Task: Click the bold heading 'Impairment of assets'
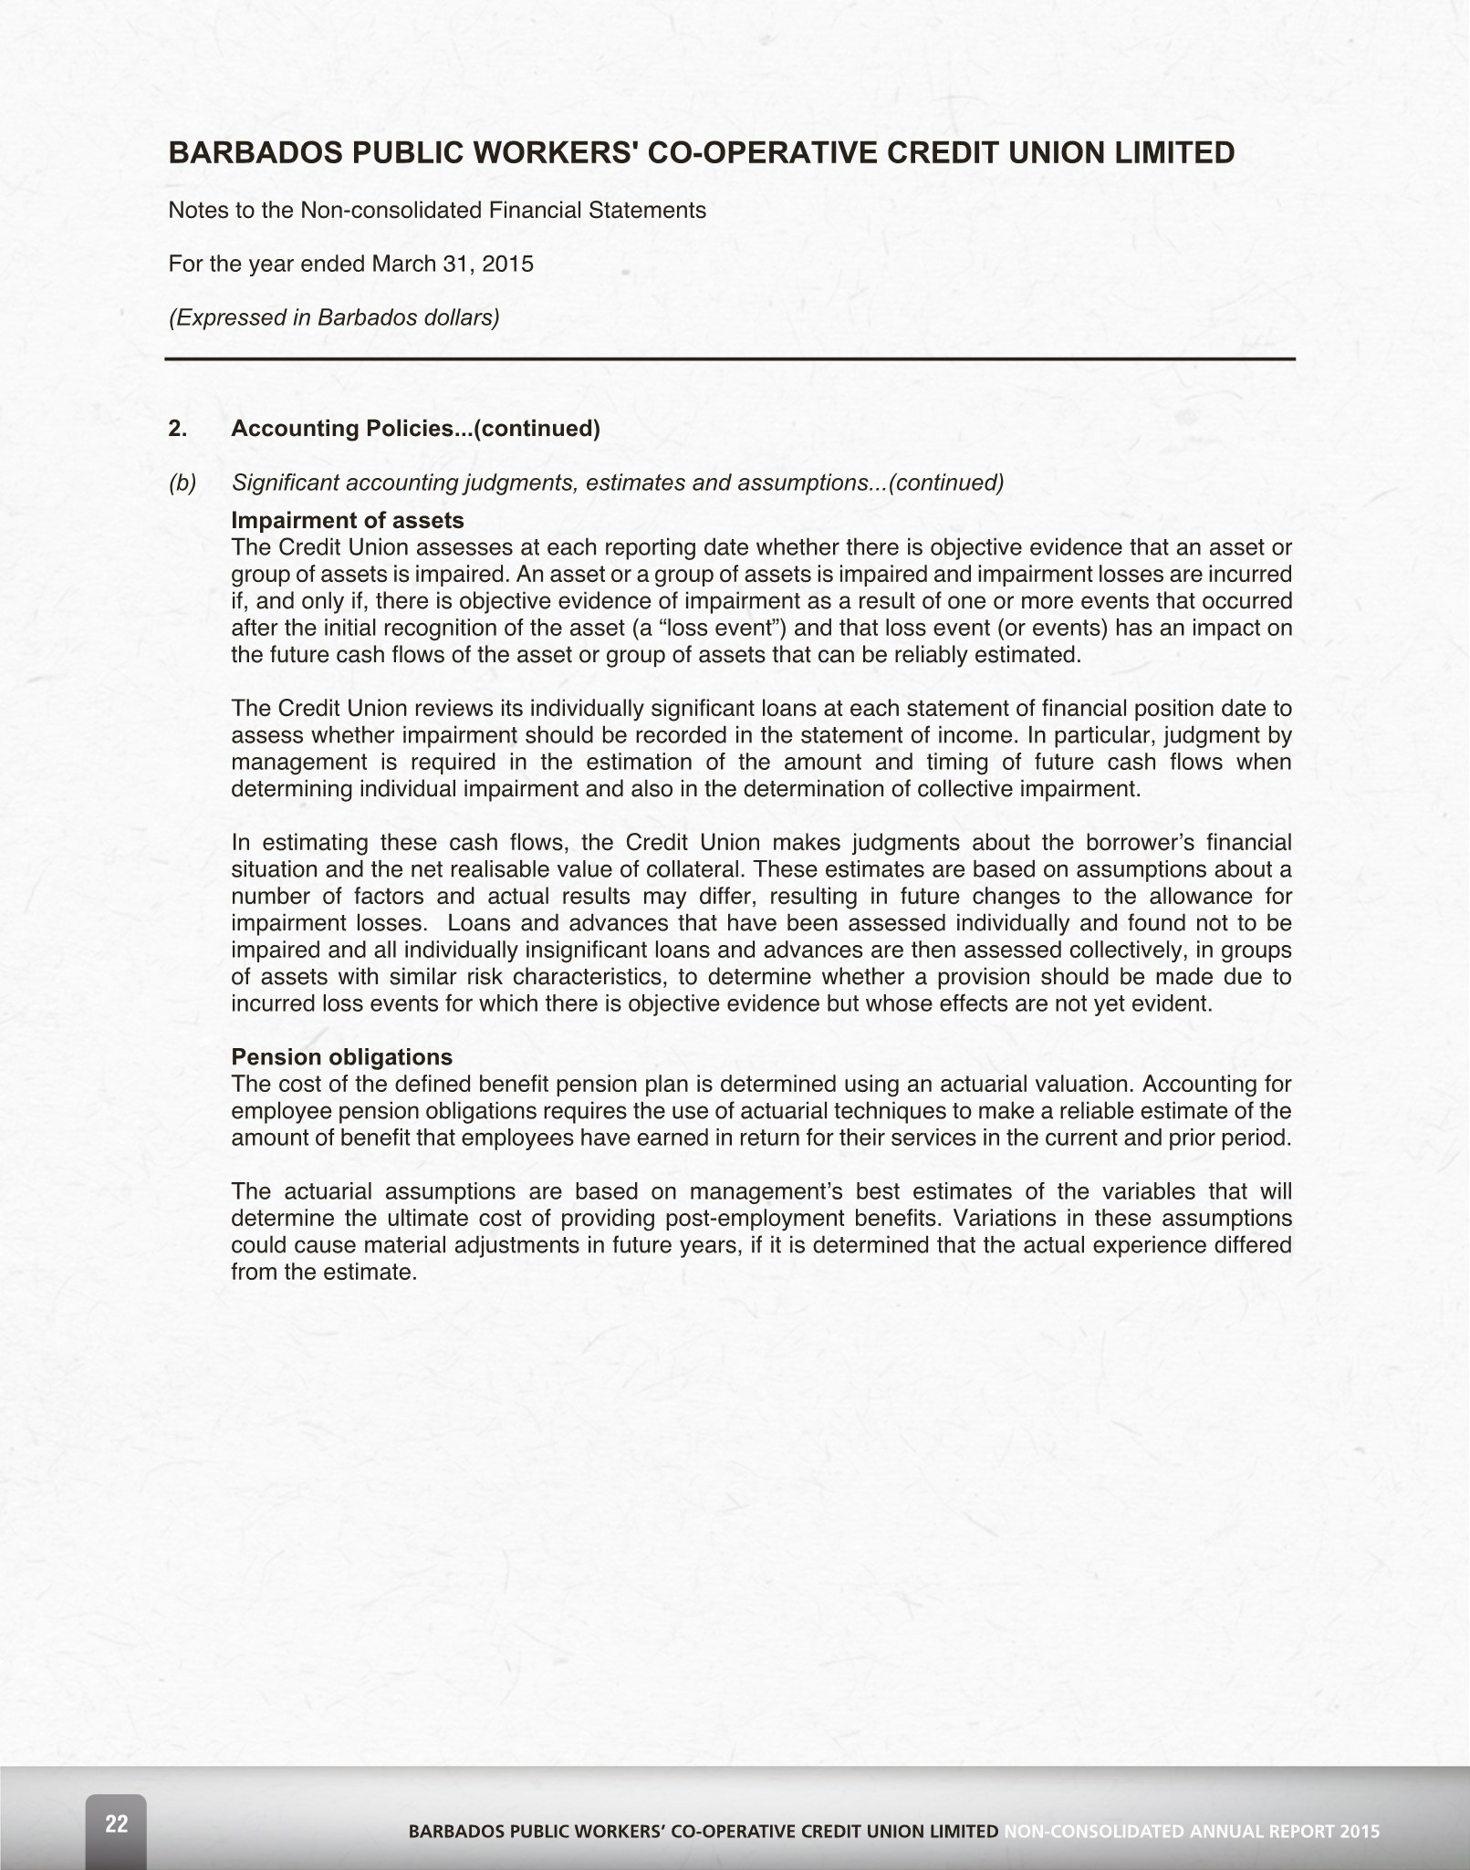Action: [348, 521]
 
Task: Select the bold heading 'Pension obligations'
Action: [341, 1057]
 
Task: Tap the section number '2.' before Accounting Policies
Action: [178, 429]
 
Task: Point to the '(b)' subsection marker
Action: [182, 483]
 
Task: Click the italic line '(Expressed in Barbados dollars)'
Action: [334, 317]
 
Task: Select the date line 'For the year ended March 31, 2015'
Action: [350, 265]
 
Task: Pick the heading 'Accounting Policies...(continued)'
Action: [415, 429]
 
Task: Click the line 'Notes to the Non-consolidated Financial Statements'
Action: [437, 211]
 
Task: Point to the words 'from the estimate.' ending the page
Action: [324, 1273]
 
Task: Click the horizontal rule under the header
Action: [730, 359]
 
